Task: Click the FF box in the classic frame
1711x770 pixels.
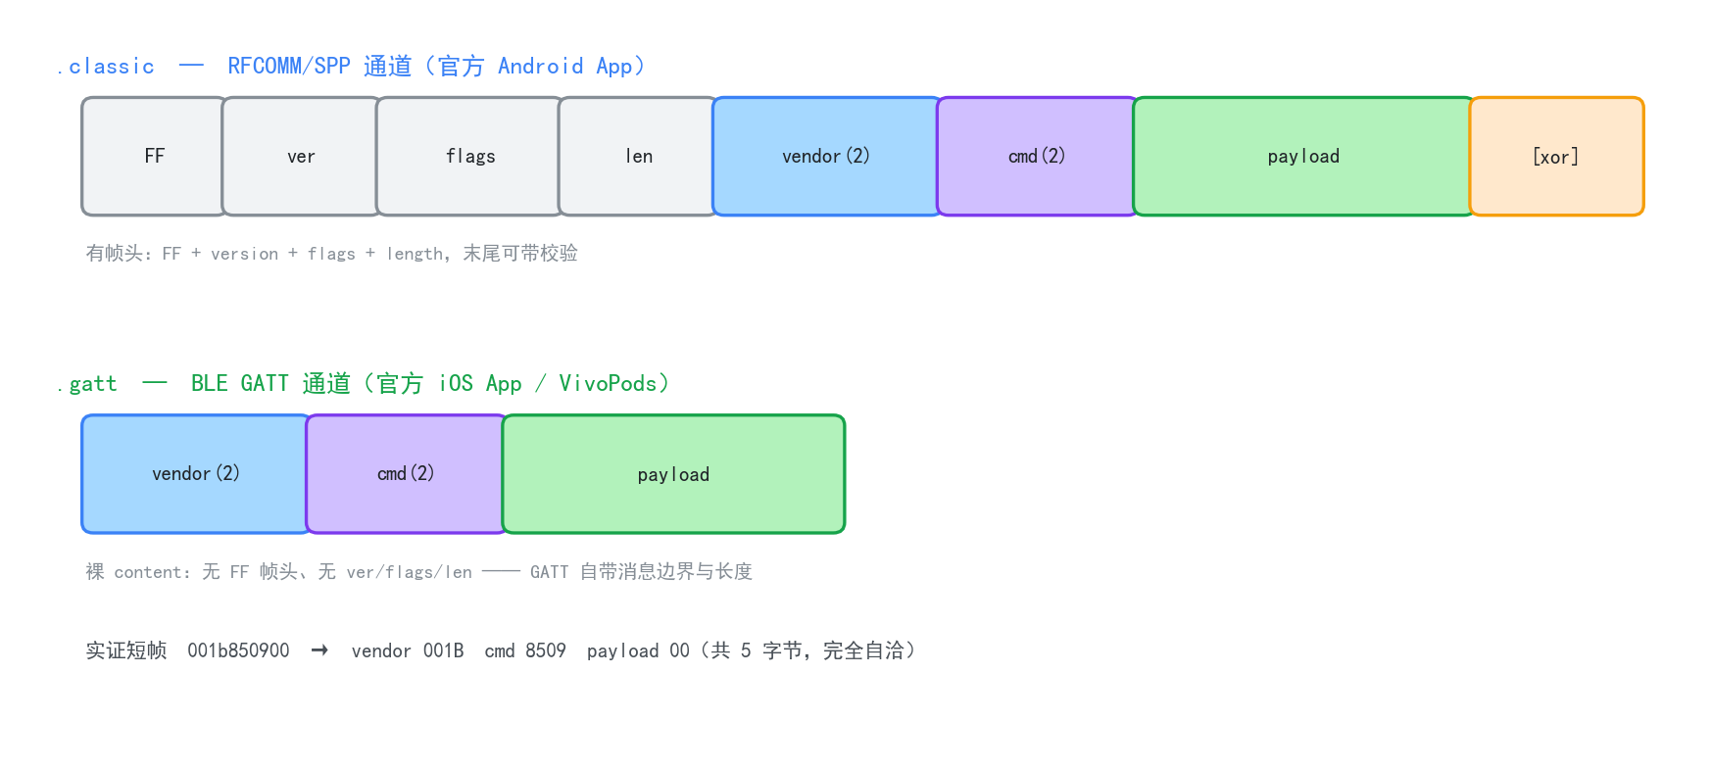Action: click(x=155, y=156)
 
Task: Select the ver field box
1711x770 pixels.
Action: click(x=301, y=156)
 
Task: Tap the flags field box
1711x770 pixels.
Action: click(x=470, y=156)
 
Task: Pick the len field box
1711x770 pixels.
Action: click(x=639, y=156)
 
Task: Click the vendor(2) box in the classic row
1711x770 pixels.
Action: click(x=826, y=156)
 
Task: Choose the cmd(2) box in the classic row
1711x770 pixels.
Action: click(x=1037, y=156)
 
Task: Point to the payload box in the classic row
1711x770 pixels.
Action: click(x=1303, y=156)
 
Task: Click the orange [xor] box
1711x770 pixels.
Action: click(x=1556, y=156)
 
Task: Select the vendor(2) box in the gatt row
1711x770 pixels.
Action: click(x=196, y=474)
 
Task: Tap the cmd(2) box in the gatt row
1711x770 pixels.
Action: click(x=406, y=474)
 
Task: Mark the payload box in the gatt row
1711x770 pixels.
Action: click(x=673, y=474)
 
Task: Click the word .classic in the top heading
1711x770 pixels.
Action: click(x=106, y=67)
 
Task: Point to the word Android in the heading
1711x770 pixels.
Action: click(x=540, y=66)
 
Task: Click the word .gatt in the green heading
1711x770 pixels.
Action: click(x=87, y=384)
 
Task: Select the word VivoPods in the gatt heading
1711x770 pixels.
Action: click(x=608, y=383)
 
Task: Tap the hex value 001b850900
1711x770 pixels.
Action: click(x=238, y=650)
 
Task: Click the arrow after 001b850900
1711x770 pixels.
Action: click(x=319, y=650)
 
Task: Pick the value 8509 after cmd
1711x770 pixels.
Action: click(x=546, y=650)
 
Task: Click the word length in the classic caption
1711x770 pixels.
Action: click(x=415, y=254)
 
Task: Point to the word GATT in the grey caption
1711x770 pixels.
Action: click(x=550, y=572)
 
